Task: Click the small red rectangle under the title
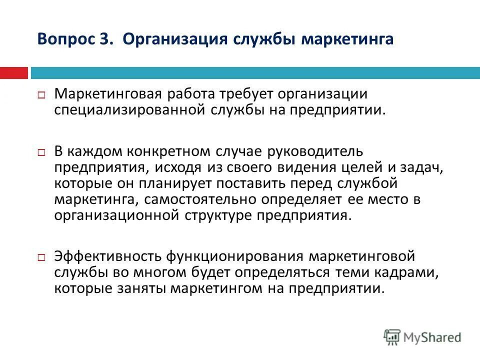13,73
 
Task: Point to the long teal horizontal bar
255,73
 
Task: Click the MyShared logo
422,336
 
